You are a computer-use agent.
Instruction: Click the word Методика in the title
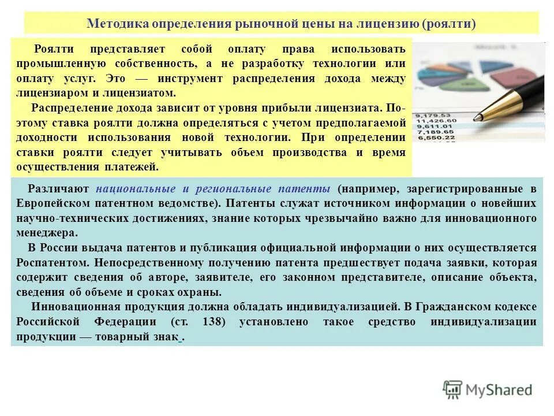(117, 24)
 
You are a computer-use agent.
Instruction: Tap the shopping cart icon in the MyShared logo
(453, 389)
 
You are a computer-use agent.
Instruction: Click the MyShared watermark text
(500, 390)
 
